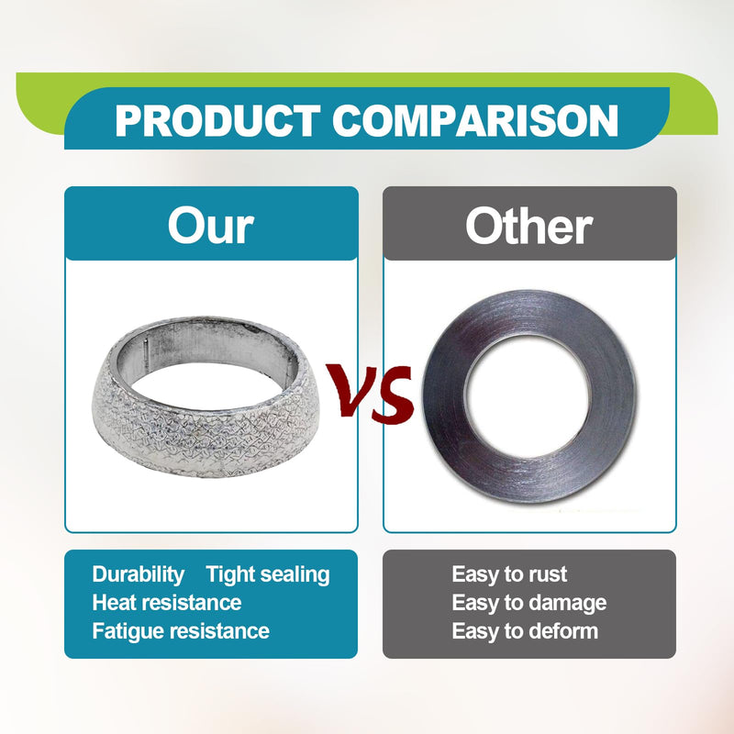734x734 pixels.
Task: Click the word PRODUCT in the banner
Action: click(x=217, y=121)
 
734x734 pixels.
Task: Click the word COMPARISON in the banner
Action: click(x=475, y=121)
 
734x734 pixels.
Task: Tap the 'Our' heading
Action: click(x=211, y=226)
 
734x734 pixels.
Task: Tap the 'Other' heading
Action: click(x=529, y=226)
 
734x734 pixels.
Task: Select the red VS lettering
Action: click(x=371, y=393)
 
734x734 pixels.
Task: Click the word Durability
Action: click(x=139, y=575)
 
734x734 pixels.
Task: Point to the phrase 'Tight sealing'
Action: click(x=268, y=575)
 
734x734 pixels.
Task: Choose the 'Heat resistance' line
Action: click(x=167, y=603)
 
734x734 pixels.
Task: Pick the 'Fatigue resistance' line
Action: click(x=181, y=631)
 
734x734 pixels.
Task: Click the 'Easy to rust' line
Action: click(x=509, y=574)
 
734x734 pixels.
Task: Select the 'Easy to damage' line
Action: click(x=529, y=604)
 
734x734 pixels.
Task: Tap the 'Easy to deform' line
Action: click(x=525, y=631)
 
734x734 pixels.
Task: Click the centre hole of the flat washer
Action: click(x=529, y=396)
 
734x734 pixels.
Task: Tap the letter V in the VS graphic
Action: click(x=351, y=389)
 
